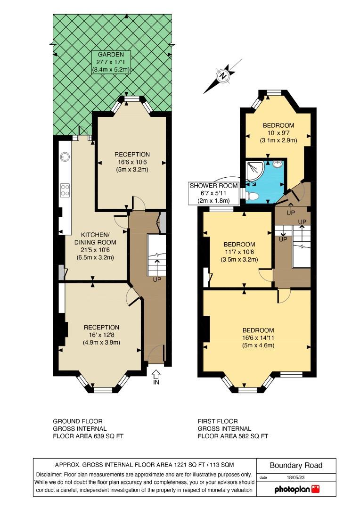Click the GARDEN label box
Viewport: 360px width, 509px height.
(x=111, y=62)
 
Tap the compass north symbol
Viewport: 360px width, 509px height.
(x=223, y=76)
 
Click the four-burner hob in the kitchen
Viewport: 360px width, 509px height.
(x=65, y=190)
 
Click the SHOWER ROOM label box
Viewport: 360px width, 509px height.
(x=213, y=193)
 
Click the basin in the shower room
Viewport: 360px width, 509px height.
(x=278, y=164)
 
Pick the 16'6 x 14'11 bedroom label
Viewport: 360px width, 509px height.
(x=258, y=338)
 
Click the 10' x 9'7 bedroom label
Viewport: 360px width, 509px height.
(x=278, y=133)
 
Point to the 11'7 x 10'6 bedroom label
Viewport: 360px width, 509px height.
(x=239, y=252)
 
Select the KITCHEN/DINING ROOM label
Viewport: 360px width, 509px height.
(x=95, y=246)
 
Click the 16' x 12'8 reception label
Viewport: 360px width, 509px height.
(x=102, y=335)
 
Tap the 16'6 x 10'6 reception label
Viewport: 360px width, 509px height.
(x=132, y=162)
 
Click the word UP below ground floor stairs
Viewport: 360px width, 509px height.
(x=157, y=279)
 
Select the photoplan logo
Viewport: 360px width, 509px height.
(x=297, y=489)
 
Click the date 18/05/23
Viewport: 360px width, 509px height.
(x=296, y=477)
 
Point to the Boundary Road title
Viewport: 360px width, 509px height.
(x=296, y=466)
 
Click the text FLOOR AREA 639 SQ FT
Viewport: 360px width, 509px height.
(x=88, y=436)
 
